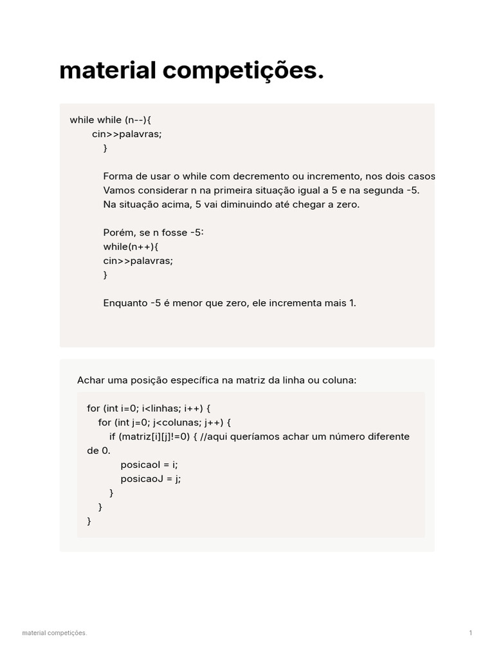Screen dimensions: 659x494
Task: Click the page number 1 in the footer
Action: [471, 633]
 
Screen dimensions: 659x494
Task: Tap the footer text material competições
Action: [54, 633]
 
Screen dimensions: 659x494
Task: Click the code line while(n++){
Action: [131, 246]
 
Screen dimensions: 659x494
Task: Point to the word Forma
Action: [116, 176]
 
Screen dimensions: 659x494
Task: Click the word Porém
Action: [117, 232]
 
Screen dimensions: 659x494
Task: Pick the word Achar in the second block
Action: [90, 380]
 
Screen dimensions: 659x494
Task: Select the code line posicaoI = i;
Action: [149, 465]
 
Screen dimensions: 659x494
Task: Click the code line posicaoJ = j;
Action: [151, 479]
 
